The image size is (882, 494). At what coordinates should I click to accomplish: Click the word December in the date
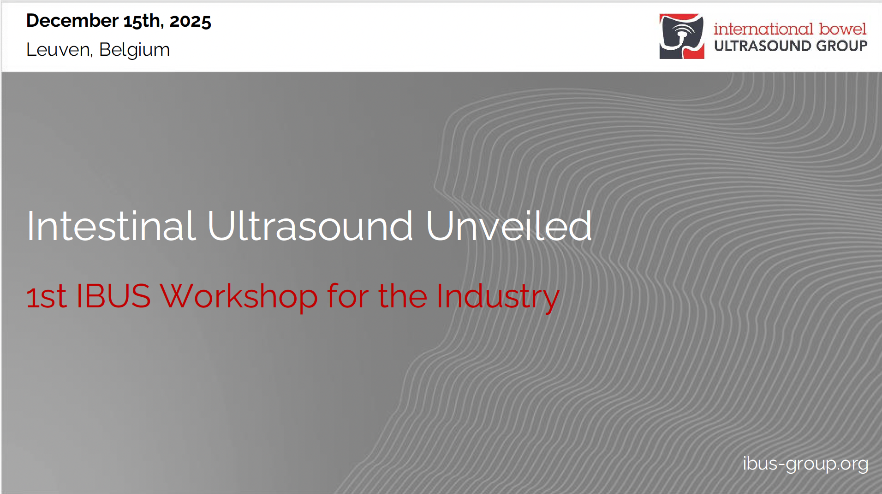coord(72,21)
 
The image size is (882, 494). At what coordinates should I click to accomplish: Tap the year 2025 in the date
coord(190,21)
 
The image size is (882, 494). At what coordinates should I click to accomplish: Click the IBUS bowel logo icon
coord(682,36)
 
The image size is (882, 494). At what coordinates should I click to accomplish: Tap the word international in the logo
coord(763,29)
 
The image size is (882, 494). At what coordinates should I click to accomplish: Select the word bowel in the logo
coord(843,29)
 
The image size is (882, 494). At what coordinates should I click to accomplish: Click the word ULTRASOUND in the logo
coord(763,46)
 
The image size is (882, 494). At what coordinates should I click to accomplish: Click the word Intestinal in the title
coord(111,226)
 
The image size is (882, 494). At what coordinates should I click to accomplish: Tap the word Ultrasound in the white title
coord(310,226)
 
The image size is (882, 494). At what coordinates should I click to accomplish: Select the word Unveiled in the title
coord(509,226)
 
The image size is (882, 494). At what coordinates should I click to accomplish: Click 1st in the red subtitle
coord(46,296)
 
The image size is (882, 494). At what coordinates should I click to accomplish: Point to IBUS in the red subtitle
coord(113,296)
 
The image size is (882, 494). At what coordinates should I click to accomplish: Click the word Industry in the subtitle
coord(498,297)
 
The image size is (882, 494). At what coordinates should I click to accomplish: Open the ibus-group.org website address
coord(805,464)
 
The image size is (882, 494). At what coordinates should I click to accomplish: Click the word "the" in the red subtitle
coord(403,296)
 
